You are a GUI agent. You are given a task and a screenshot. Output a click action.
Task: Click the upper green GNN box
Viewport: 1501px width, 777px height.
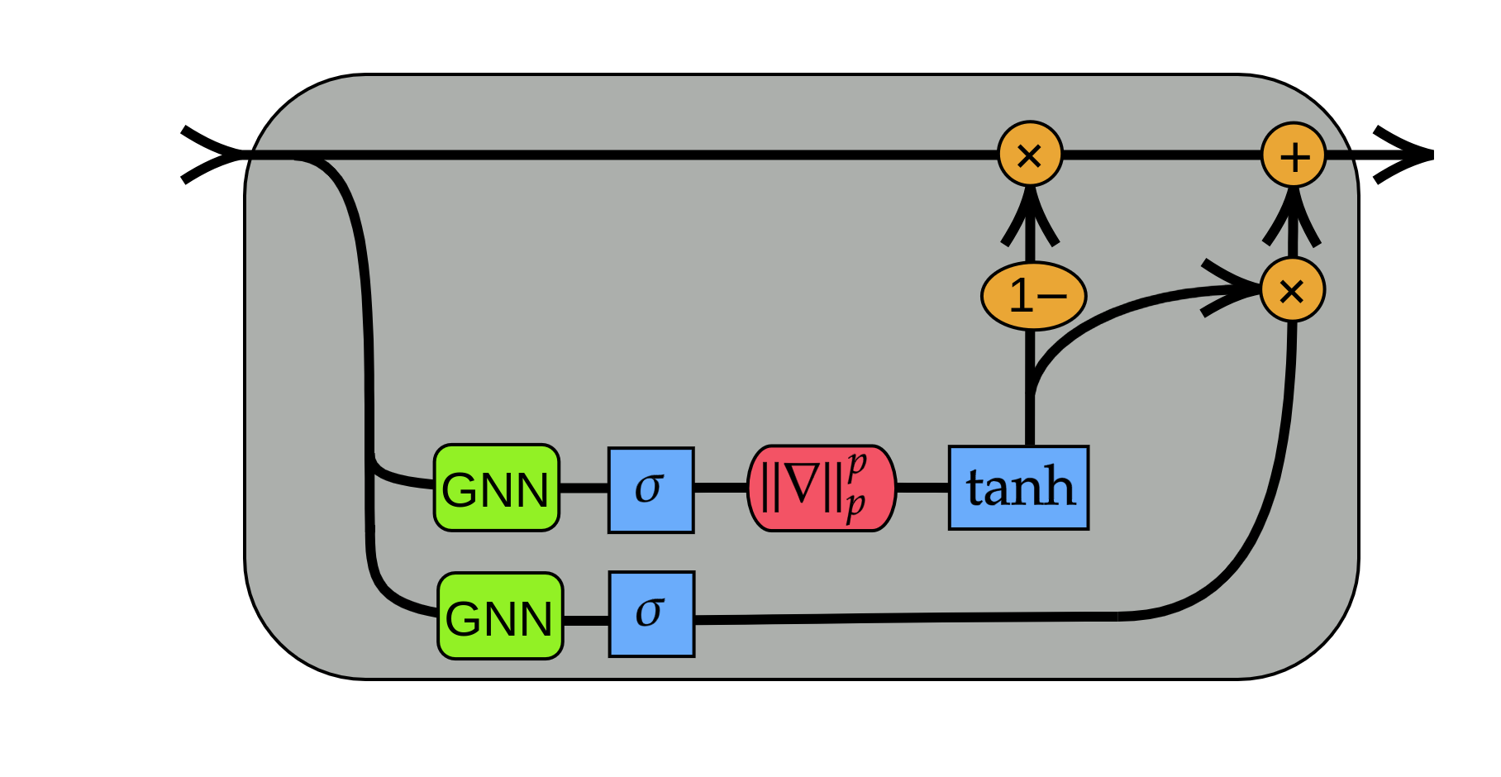tap(497, 488)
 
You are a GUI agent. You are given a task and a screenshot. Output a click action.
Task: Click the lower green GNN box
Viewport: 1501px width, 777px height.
tap(500, 616)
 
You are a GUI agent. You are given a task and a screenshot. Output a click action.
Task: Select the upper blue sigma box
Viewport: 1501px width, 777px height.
tap(650, 489)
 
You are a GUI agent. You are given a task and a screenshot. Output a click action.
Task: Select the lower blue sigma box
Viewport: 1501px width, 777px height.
tap(651, 614)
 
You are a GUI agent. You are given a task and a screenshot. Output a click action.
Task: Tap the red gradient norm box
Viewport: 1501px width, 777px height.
tap(822, 488)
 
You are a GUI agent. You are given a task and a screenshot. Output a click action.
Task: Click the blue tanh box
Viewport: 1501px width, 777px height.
tap(1018, 488)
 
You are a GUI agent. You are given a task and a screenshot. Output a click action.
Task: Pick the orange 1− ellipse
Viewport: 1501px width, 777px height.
tap(1033, 296)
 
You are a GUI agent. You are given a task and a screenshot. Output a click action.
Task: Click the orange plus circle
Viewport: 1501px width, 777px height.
tap(1294, 155)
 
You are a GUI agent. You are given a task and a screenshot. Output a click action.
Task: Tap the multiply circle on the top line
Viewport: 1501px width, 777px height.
tap(1030, 155)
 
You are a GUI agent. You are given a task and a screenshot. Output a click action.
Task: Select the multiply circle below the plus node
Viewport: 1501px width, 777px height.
tap(1292, 290)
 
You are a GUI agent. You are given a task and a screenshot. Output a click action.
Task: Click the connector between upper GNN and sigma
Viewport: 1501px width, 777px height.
tap(584, 488)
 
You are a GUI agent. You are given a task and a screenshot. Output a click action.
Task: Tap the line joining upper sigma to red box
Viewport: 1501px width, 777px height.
tap(720, 488)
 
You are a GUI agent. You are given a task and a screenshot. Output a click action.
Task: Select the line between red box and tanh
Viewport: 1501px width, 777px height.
tap(922, 488)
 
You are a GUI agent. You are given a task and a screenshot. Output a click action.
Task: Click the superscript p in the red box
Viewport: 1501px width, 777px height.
tap(856, 464)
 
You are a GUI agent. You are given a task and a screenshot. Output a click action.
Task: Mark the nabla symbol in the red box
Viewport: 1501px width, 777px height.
tap(801, 487)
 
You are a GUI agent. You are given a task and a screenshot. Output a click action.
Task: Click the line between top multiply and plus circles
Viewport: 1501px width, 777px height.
tap(1161, 155)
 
